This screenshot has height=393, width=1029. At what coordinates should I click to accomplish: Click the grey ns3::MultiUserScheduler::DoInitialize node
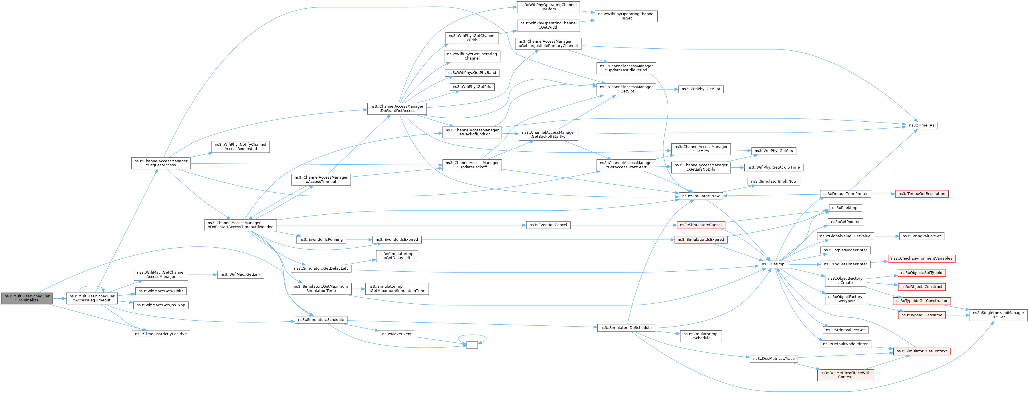click(27, 298)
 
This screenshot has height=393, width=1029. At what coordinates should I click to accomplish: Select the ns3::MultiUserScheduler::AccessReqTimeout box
click(92, 298)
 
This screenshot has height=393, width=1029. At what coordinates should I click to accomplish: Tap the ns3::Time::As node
click(921, 125)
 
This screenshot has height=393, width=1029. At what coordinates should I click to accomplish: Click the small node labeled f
click(472, 345)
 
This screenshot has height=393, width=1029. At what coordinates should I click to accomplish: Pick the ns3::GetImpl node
click(773, 264)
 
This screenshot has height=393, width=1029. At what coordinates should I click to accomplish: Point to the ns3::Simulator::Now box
click(701, 196)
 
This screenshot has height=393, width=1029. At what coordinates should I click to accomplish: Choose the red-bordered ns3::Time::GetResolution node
click(921, 194)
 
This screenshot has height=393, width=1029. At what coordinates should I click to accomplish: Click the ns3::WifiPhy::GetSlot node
click(701, 89)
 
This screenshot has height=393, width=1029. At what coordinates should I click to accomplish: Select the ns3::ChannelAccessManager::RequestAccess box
click(160, 163)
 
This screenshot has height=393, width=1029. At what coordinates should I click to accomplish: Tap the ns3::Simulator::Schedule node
click(321, 320)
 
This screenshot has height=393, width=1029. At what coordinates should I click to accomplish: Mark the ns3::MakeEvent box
click(397, 334)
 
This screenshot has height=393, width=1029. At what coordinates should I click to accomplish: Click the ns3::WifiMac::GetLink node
click(241, 275)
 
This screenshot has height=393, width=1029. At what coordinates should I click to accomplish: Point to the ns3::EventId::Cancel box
click(548, 225)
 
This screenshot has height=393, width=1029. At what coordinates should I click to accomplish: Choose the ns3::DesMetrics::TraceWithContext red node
click(845, 375)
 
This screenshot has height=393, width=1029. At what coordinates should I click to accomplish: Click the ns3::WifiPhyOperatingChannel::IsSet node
click(626, 16)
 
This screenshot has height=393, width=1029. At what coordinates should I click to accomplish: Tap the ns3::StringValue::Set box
click(921, 236)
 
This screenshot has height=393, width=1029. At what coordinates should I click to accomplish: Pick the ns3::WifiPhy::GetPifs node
click(472, 87)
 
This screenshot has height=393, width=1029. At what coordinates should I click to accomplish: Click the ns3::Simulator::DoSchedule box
click(626, 328)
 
